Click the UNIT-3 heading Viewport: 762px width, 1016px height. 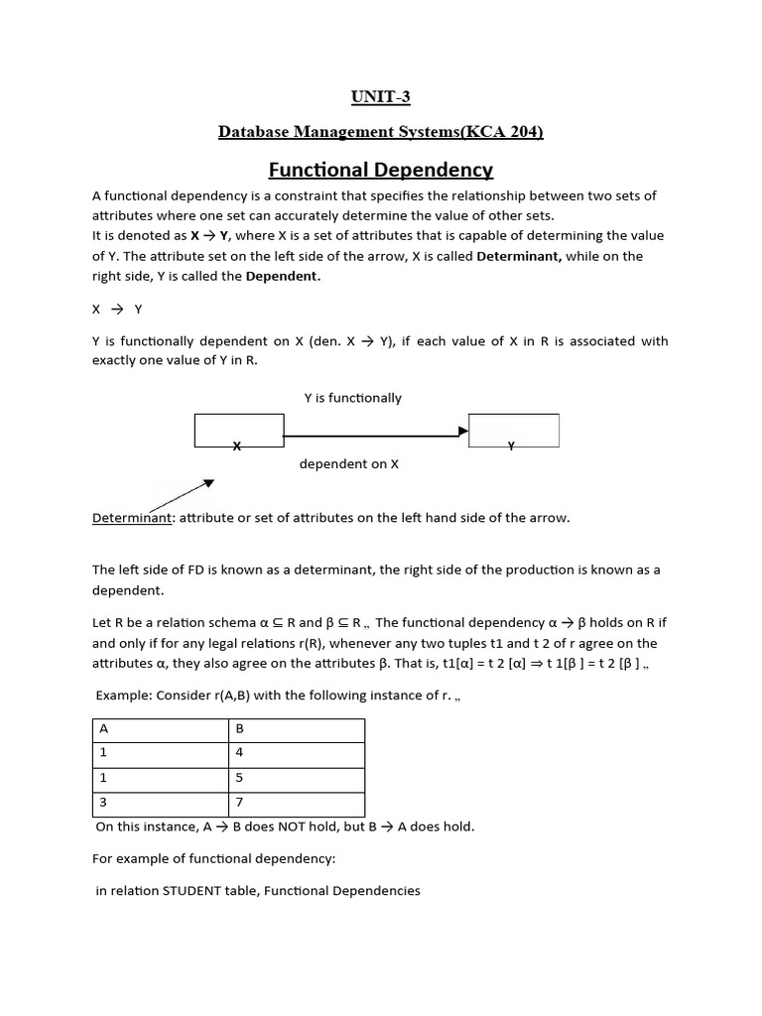tap(380, 96)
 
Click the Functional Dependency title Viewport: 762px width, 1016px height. tap(381, 170)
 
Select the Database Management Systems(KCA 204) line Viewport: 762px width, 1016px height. tap(380, 132)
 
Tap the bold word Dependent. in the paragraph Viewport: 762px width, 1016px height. tap(283, 277)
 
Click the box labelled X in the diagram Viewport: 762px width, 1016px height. tap(239, 431)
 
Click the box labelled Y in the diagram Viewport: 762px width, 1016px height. tap(513, 431)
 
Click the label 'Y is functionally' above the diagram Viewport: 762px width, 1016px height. tap(352, 398)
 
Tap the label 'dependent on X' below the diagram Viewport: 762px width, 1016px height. tap(348, 463)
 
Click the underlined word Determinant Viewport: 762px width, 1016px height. tap(132, 518)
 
